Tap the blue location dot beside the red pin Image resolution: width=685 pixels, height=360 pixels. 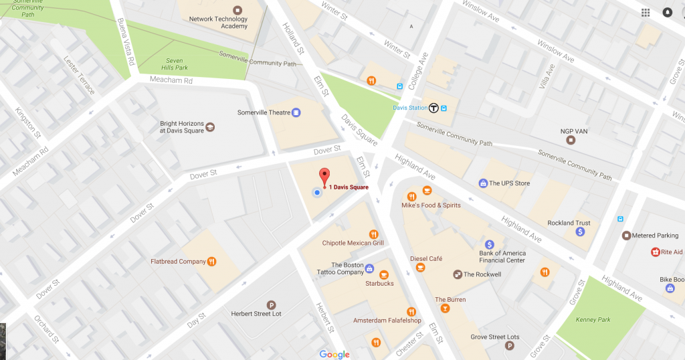[x=317, y=193]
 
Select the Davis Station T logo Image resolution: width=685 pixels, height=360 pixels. [x=434, y=107]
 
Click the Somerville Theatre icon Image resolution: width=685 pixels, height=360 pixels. [x=296, y=112]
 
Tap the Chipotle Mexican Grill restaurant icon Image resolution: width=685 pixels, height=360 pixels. [x=374, y=234]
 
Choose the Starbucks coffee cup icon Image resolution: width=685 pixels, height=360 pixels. [x=385, y=274]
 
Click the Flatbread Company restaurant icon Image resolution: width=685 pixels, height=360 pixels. [x=211, y=262]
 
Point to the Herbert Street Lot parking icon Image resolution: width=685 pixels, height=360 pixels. [x=271, y=305]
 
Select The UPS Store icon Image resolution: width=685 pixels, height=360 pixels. [x=483, y=183]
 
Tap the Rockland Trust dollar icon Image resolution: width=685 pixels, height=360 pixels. [x=580, y=232]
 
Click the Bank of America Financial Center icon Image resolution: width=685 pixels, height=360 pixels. [x=489, y=244]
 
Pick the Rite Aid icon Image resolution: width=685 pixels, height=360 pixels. [x=655, y=252]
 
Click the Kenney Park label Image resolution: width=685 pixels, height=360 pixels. [x=593, y=320]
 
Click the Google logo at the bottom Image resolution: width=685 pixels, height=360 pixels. [x=334, y=354]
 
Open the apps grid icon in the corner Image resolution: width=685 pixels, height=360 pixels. [x=646, y=12]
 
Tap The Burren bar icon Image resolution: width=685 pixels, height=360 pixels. [x=445, y=308]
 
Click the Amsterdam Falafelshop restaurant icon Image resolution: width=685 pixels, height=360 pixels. [x=411, y=311]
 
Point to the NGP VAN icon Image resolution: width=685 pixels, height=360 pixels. [x=571, y=141]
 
